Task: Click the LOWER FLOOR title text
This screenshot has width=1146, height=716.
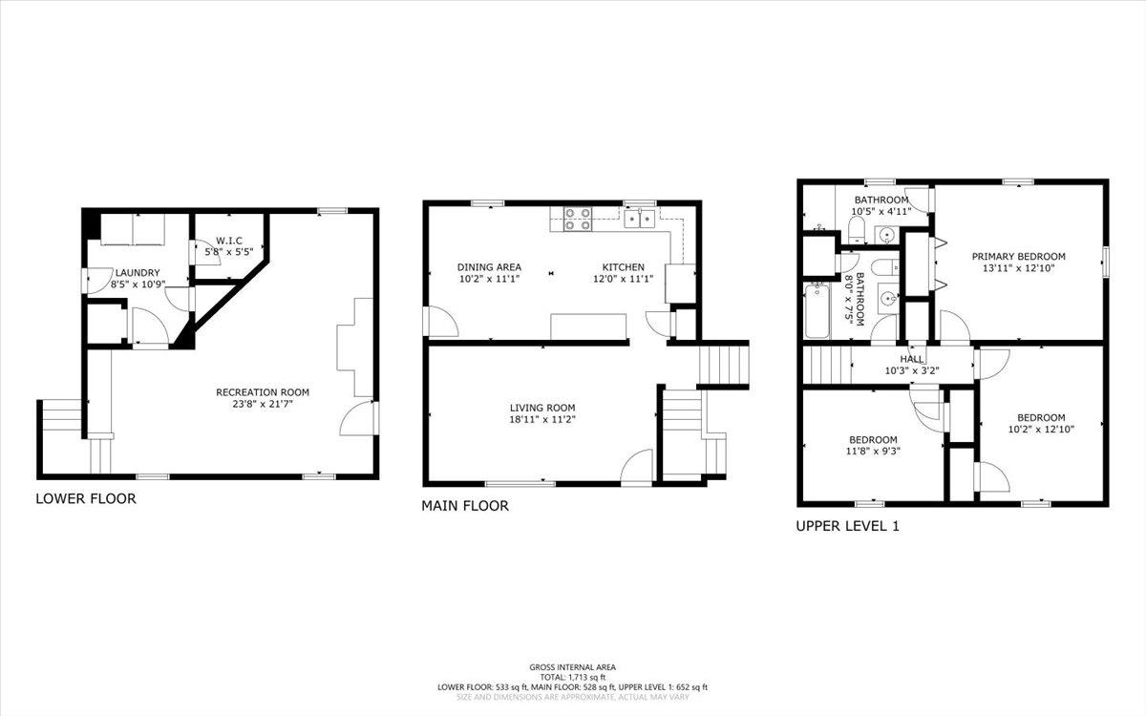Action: click(x=85, y=498)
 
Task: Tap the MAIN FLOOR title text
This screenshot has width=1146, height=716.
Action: click(x=465, y=506)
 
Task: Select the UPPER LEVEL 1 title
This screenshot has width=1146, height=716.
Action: click(x=848, y=525)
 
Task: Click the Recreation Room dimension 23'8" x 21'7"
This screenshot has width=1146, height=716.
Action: click(x=263, y=405)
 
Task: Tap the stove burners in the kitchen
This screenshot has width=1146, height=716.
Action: click(x=578, y=219)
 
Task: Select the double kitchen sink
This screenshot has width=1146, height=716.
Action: click(x=641, y=218)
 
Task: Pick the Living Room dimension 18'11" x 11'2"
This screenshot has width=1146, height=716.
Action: click(x=541, y=418)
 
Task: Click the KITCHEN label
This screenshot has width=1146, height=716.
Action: click(x=623, y=267)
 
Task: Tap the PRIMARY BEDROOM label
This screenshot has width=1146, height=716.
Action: click(x=1018, y=256)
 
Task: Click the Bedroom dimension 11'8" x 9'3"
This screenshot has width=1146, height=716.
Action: click(x=872, y=452)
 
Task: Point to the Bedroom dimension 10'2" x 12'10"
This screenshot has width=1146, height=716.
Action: click(x=1040, y=429)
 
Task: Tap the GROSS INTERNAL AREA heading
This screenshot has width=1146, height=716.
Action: click(x=573, y=666)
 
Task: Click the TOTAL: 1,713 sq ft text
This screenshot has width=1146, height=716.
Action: click(x=573, y=677)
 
